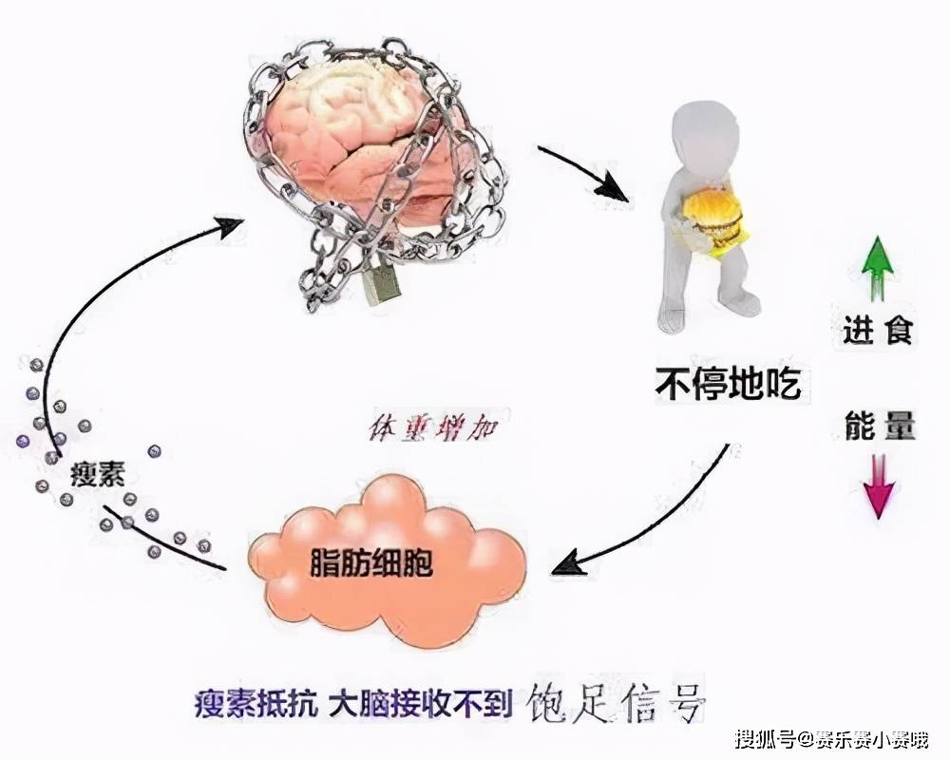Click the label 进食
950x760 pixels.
tap(877, 331)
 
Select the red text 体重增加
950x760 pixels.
tap(432, 428)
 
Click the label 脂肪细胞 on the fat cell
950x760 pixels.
tap(370, 563)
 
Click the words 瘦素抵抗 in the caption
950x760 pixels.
tap(256, 705)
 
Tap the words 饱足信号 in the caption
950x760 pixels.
tap(617, 702)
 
